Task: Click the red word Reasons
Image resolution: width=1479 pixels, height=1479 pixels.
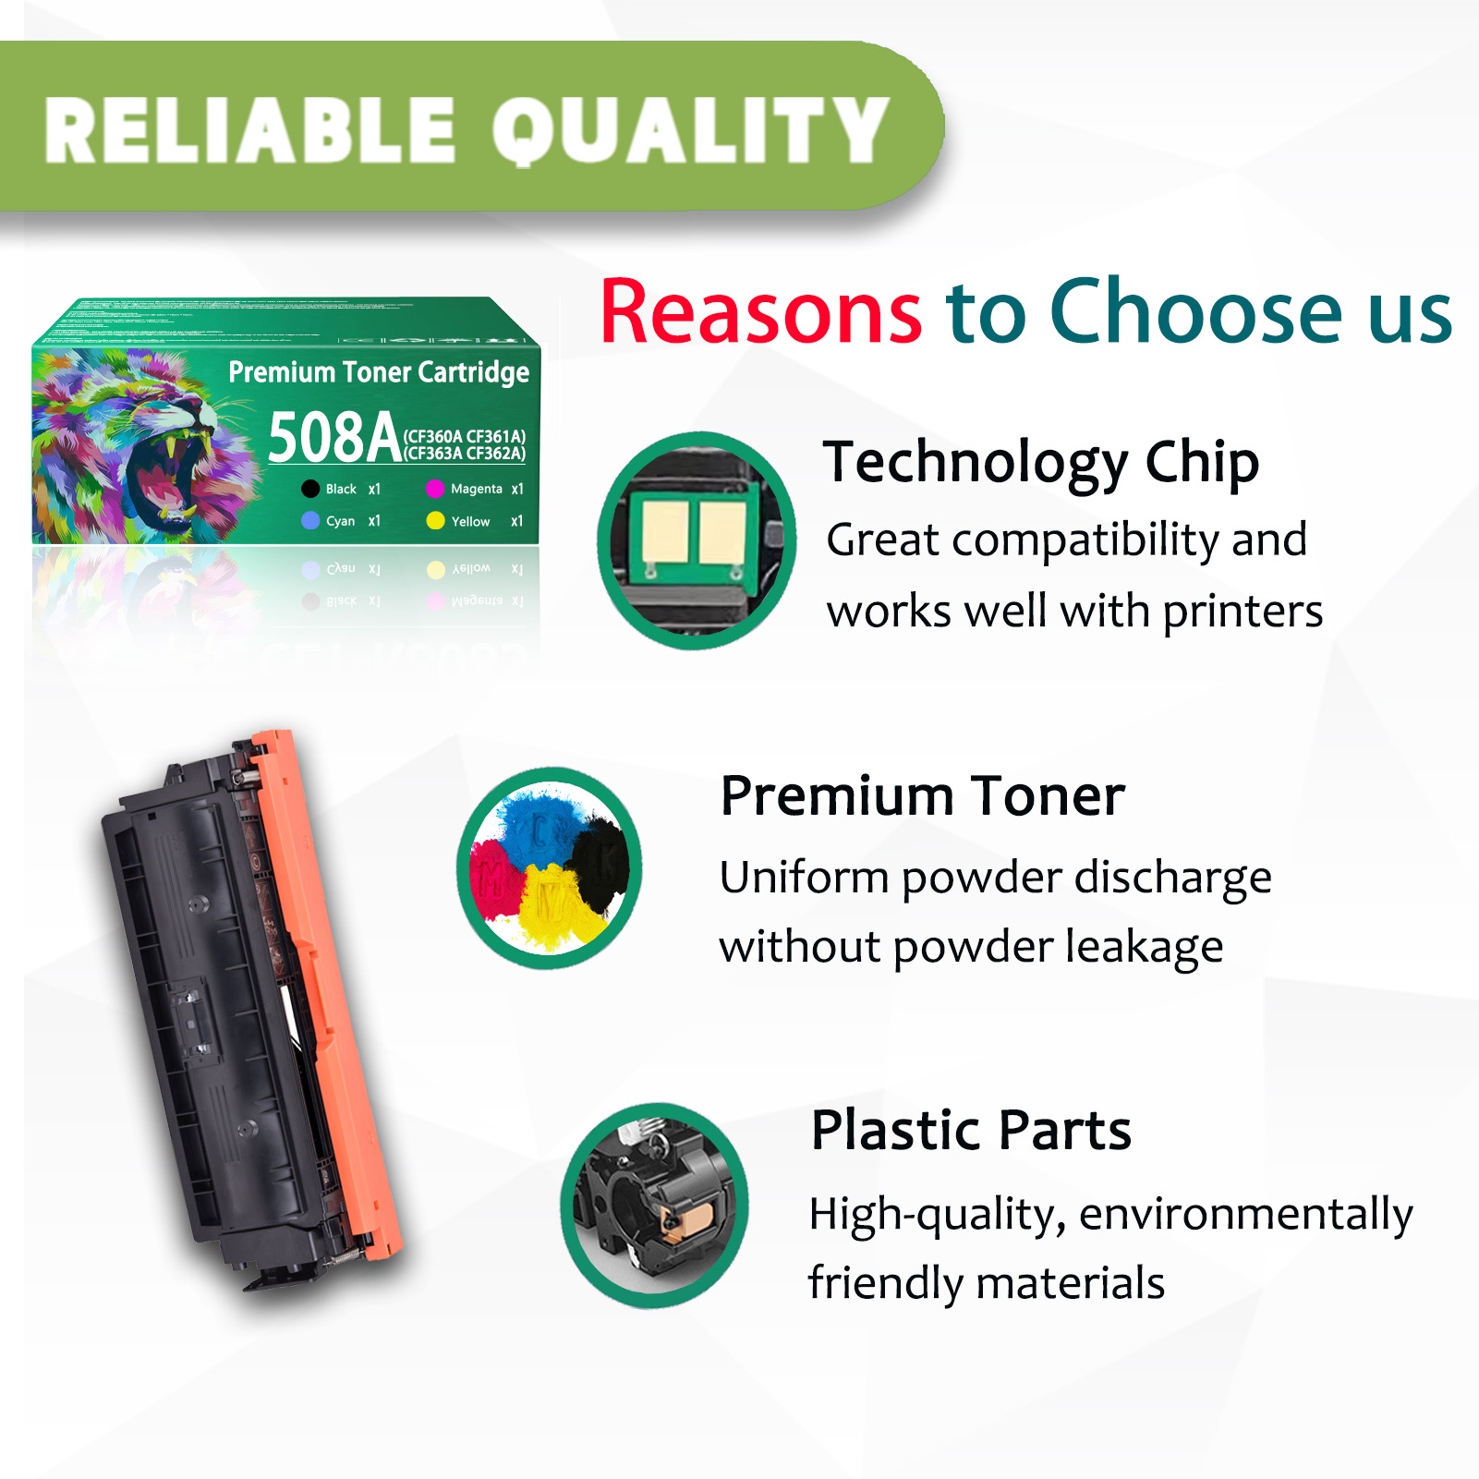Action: tap(760, 312)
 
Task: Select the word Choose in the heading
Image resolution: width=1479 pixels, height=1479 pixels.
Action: tap(1195, 312)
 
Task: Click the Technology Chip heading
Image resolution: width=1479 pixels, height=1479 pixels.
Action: tap(1040, 462)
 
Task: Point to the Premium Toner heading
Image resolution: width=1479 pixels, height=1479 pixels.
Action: tap(922, 795)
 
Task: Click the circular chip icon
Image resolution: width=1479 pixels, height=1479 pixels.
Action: tap(697, 540)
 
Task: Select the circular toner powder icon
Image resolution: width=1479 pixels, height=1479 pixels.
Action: tap(550, 868)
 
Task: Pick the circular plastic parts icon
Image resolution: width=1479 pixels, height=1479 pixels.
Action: tap(654, 1205)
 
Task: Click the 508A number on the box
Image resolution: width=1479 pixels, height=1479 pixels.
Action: tap(333, 438)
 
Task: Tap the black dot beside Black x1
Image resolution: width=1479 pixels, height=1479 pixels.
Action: tap(310, 489)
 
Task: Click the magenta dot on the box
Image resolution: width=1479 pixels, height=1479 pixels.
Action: tap(435, 489)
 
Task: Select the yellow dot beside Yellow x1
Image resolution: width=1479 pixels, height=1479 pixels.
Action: tap(435, 521)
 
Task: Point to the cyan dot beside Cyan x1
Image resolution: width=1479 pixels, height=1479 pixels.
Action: tap(310, 521)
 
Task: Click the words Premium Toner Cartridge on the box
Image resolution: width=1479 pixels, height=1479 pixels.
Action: tap(379, 372)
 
